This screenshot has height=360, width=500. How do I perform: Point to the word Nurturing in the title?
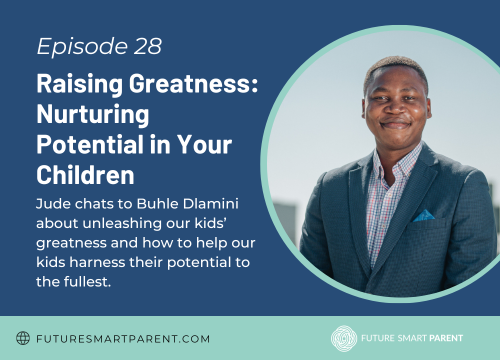click(92, 114)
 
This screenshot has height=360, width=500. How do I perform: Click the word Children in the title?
click(85, 174)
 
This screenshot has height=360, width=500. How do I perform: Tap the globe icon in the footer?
click(23, 338)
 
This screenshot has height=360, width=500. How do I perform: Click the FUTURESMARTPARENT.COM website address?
click(123, 339)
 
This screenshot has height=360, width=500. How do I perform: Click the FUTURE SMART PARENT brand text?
click(412, 338)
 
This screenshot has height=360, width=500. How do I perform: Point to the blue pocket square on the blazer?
click(423, 215)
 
